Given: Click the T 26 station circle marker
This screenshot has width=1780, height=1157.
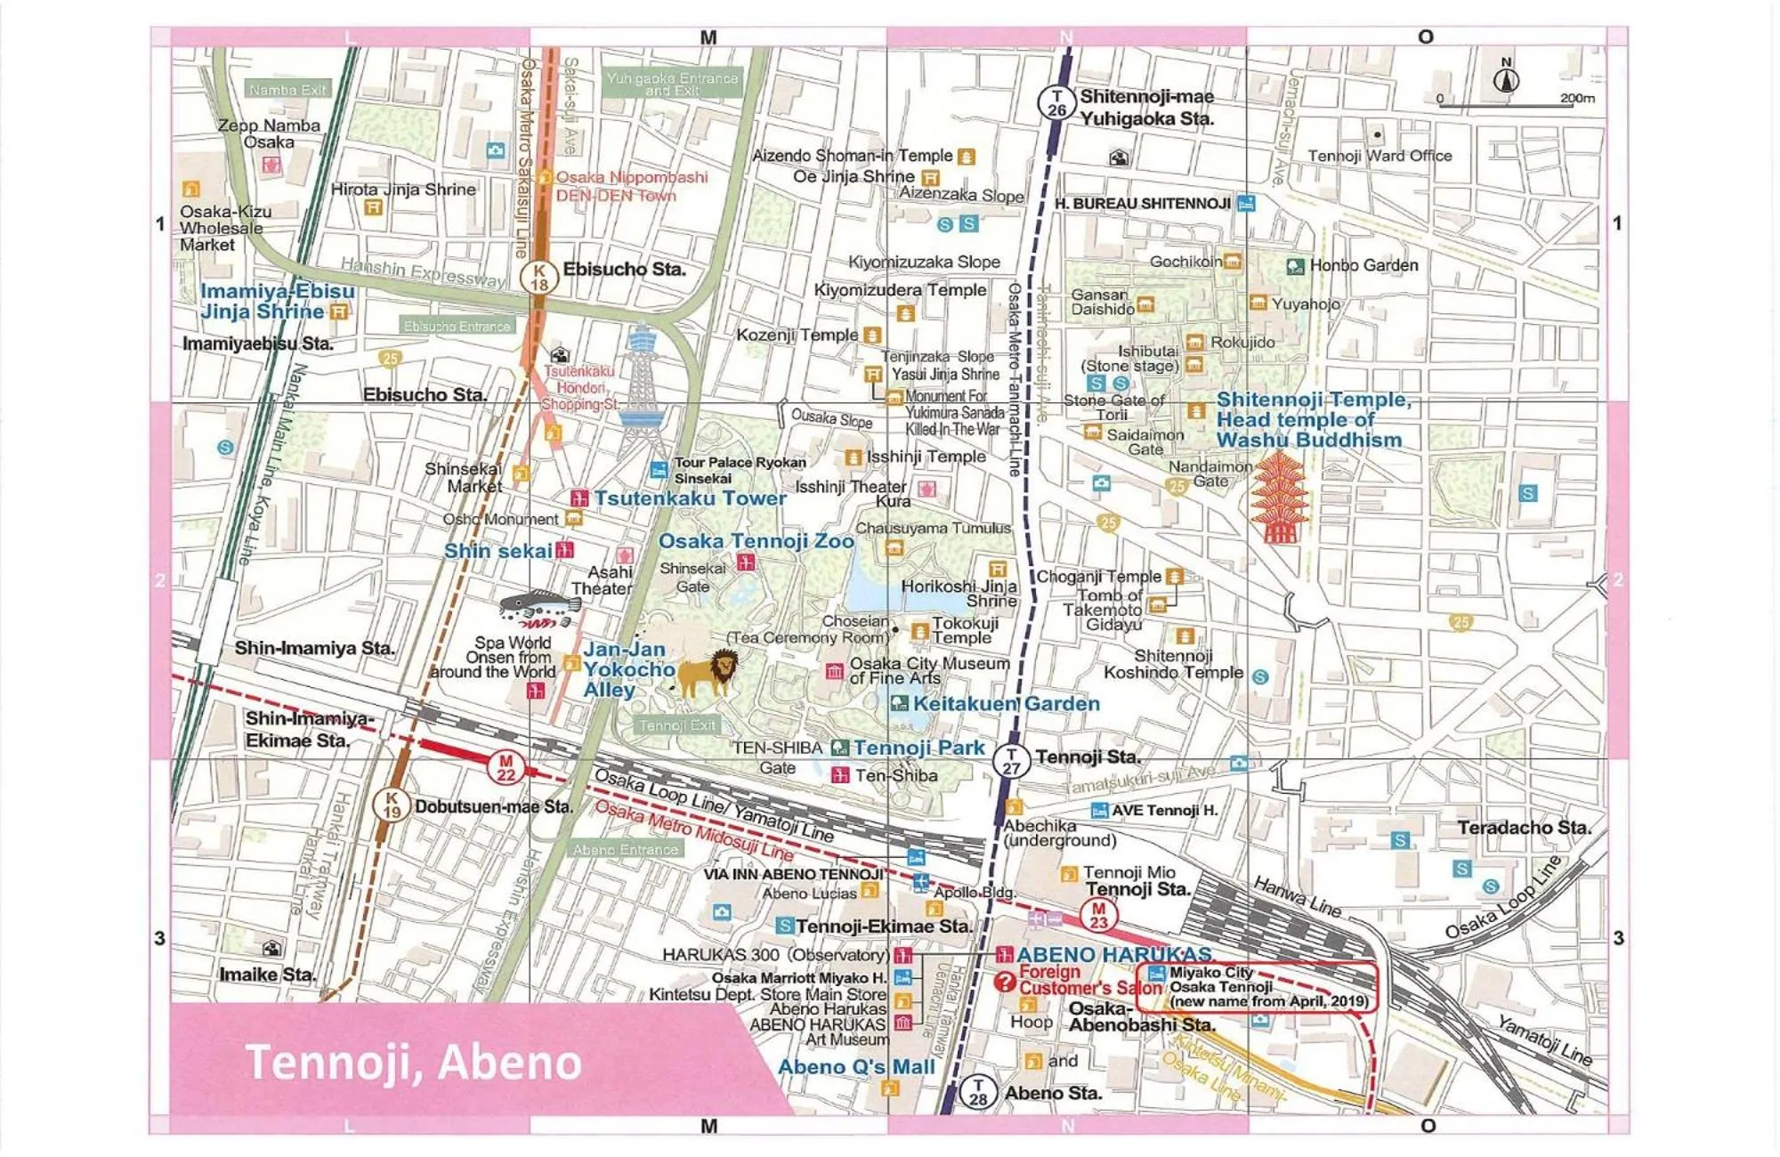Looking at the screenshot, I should point(1056,103).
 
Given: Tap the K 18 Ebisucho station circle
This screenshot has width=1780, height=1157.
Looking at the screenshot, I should point(538,278).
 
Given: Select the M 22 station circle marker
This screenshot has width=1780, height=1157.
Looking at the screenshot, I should point(506,767).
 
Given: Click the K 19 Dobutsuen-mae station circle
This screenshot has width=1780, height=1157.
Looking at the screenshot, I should point(392,805).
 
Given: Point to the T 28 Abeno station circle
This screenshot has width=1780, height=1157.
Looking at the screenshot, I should point(978,1092).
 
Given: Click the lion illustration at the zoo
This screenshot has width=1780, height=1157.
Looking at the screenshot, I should point(709,673).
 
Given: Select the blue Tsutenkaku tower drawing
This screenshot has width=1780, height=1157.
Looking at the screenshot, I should point(642,392).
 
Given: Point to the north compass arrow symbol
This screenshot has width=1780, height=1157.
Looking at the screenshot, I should point(1506,78).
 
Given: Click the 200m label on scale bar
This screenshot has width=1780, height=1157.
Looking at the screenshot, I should point(1576,98).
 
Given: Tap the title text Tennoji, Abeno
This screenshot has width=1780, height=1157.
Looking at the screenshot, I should point(413,1062).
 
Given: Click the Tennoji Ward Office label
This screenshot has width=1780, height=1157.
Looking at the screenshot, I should point(1379,156).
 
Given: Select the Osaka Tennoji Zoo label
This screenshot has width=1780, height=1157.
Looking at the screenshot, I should point(756,541).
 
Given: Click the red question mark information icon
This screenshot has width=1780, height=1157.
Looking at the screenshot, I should point(1005,982).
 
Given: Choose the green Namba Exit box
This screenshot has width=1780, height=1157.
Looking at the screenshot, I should point(287,90).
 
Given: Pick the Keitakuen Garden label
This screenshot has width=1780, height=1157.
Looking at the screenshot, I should point(1006,703).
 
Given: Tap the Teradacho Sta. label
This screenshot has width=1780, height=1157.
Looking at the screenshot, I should point(1524,828).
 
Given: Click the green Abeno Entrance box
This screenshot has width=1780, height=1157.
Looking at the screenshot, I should point(625,850).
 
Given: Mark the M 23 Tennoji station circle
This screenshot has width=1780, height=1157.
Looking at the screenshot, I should point(1098,916).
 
